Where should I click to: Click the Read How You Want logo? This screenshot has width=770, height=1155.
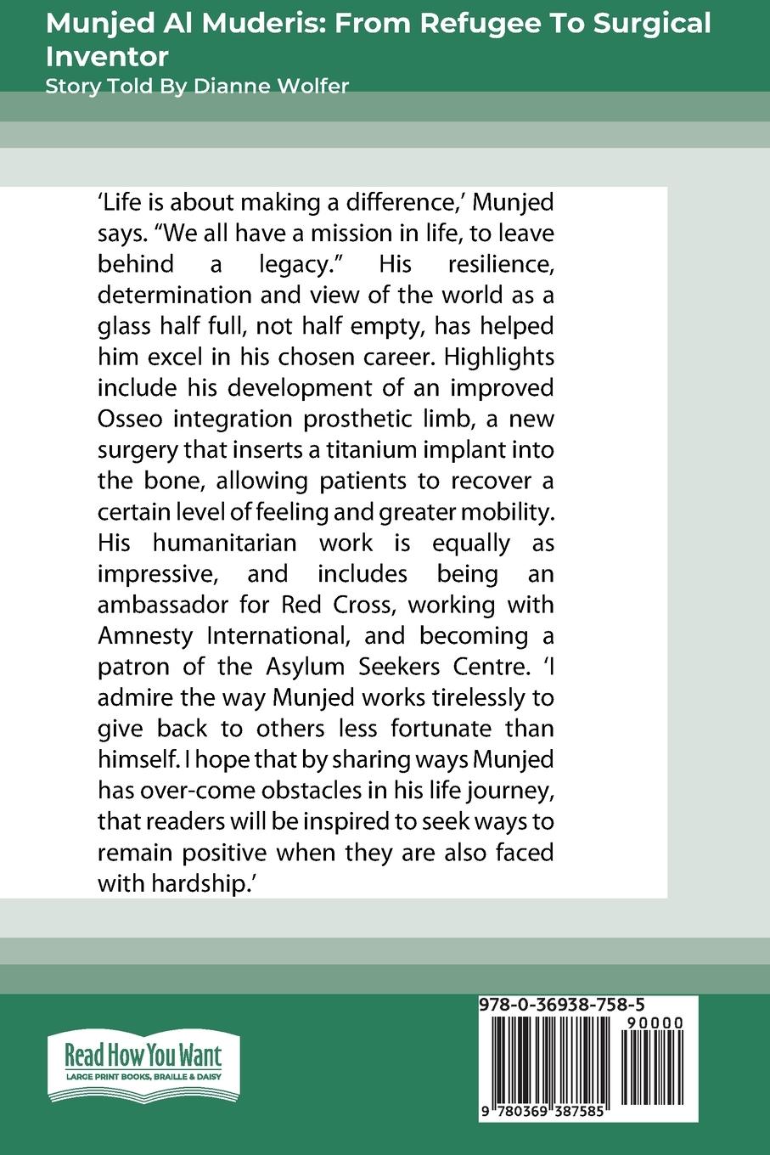pyautogui.click(x=143, y=1064)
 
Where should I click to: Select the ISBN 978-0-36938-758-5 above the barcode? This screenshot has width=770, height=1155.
pyautogui.click(x=574, y=1006)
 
